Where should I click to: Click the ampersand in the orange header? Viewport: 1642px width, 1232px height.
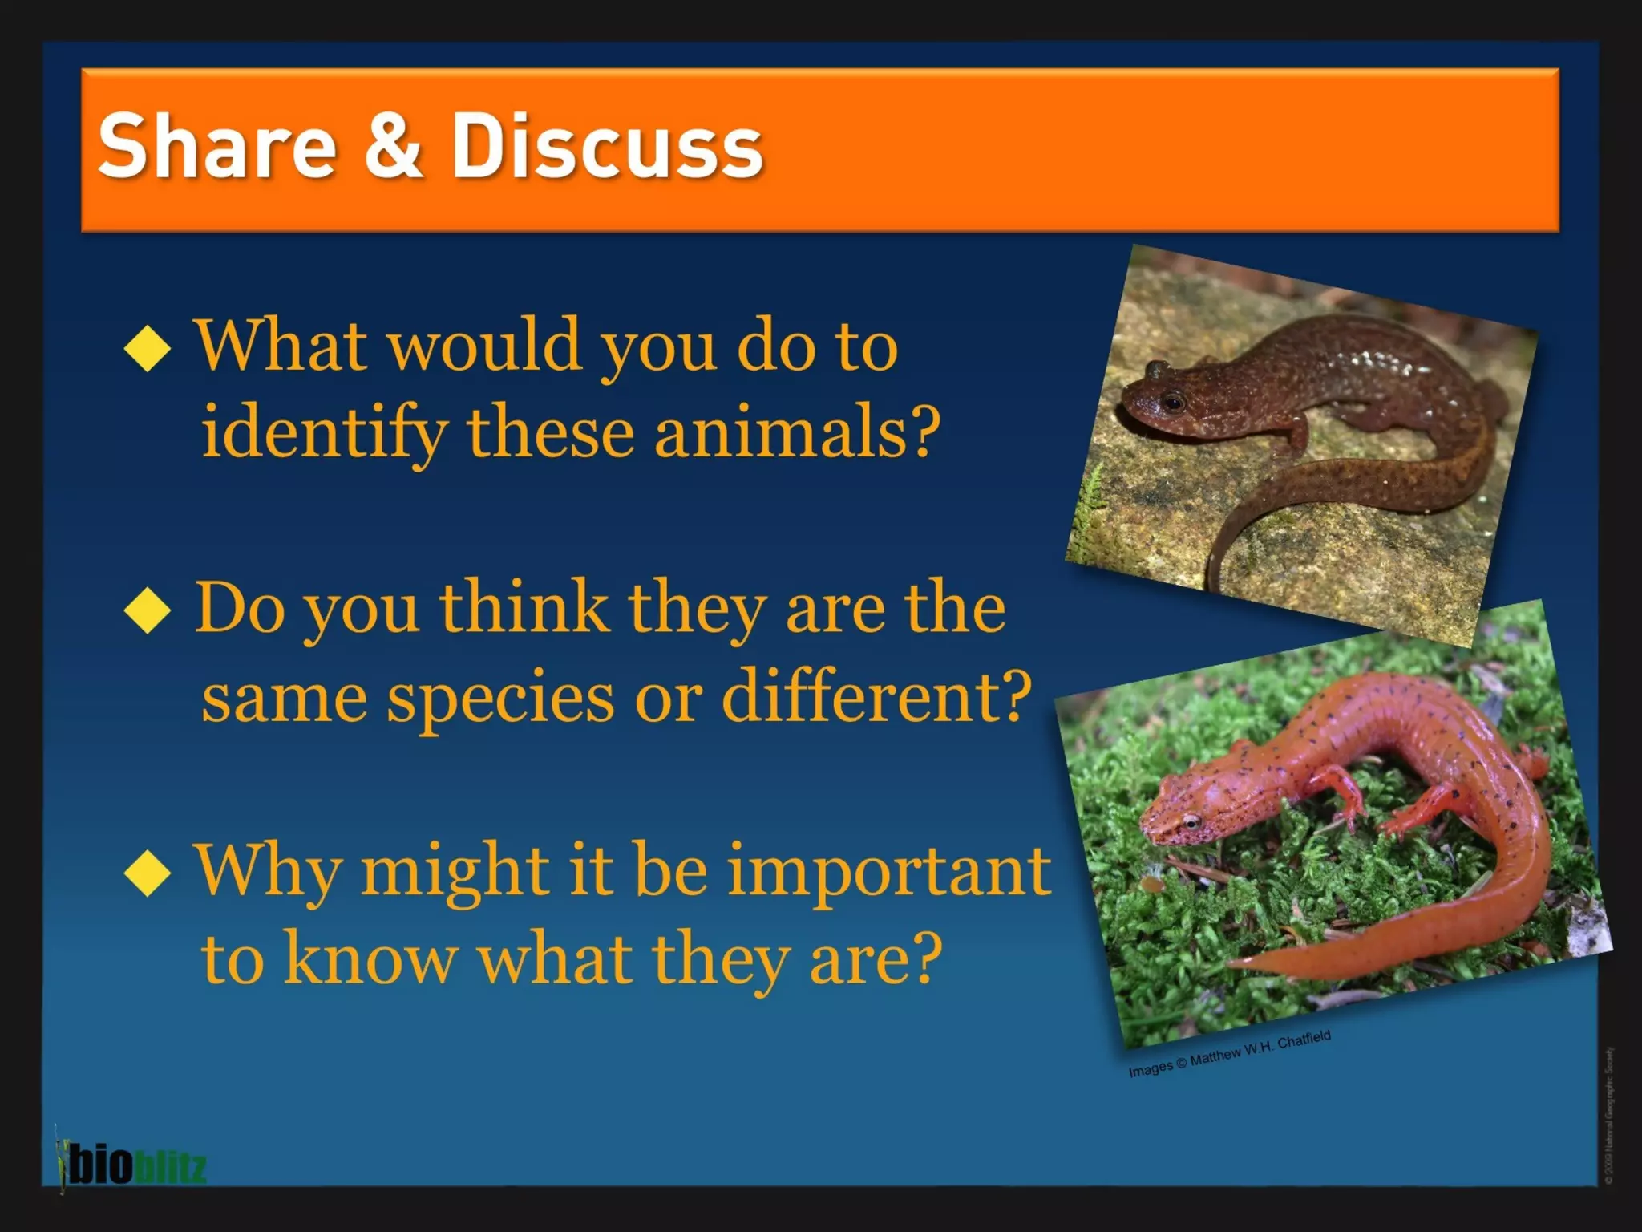393,147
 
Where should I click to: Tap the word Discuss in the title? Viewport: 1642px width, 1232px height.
606,147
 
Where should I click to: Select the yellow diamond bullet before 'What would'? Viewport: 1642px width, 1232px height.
148,348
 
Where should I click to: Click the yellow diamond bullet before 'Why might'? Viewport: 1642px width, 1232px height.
148,873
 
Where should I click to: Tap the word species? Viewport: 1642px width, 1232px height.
502,696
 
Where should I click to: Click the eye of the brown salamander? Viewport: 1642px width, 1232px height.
1173,400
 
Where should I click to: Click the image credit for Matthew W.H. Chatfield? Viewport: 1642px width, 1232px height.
1229,1054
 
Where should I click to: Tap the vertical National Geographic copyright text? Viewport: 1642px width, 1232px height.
1609,1115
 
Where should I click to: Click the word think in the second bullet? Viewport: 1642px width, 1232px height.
524,609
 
